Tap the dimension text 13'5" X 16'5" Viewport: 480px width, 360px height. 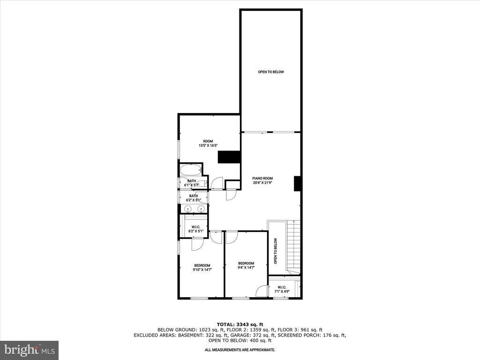coord(208,146)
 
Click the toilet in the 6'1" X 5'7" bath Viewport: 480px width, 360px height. coord(202,184)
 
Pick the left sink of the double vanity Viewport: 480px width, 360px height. coord(187,209)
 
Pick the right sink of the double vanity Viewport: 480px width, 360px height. coord(201,209)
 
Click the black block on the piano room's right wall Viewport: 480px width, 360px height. coord(298,184)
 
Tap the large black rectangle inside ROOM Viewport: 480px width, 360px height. coord(229,157)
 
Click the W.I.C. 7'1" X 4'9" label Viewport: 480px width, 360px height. coord(282,289)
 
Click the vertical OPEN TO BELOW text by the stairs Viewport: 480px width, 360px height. coord(276,251)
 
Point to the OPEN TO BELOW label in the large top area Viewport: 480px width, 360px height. coord(271,72)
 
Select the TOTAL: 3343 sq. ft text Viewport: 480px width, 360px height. coord(240,324)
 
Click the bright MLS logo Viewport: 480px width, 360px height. coord(30,349)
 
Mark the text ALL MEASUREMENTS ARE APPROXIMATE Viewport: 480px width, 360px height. coord(240,350)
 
